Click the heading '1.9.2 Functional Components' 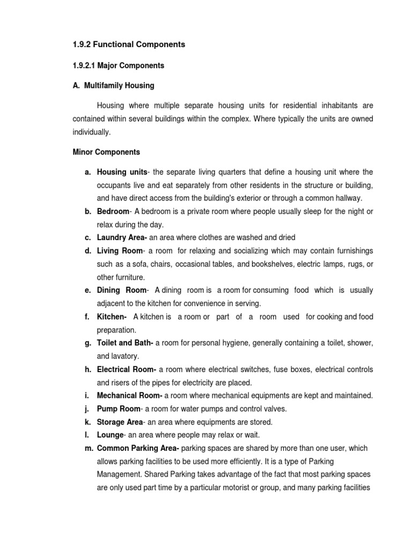129,44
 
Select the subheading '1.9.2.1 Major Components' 119,66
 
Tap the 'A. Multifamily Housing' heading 113,85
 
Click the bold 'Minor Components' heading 106,152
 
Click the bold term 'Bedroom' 113,211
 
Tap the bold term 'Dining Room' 122,290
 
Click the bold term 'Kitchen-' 112,317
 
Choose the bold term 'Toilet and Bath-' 125,343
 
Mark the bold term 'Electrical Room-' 127,369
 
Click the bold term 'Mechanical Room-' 129,396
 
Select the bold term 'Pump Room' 118,409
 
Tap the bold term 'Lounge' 110,435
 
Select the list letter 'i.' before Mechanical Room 86,396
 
